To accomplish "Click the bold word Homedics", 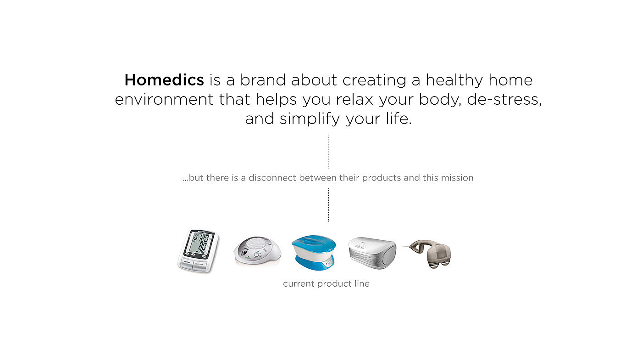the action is [x=164, y=80].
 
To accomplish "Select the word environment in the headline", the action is [x=164, y=99].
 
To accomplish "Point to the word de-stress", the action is [x=504, y=99].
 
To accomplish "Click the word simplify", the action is [x=310, y=119].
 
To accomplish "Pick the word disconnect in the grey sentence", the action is [x=272, y=178].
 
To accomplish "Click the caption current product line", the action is [x=326, y=283].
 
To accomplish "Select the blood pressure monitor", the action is [x=198, y=251].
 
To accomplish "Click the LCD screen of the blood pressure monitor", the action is [x=199, y=244].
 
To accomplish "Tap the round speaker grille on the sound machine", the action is [x=257, y=243].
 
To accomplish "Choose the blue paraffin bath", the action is [x=314, y=253].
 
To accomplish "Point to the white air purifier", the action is [x=372, y=253].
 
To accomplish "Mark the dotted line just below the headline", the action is [x=328, y=152].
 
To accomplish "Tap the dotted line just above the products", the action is [x=328, y=205].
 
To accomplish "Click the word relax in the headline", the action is [x=354, y=99].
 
